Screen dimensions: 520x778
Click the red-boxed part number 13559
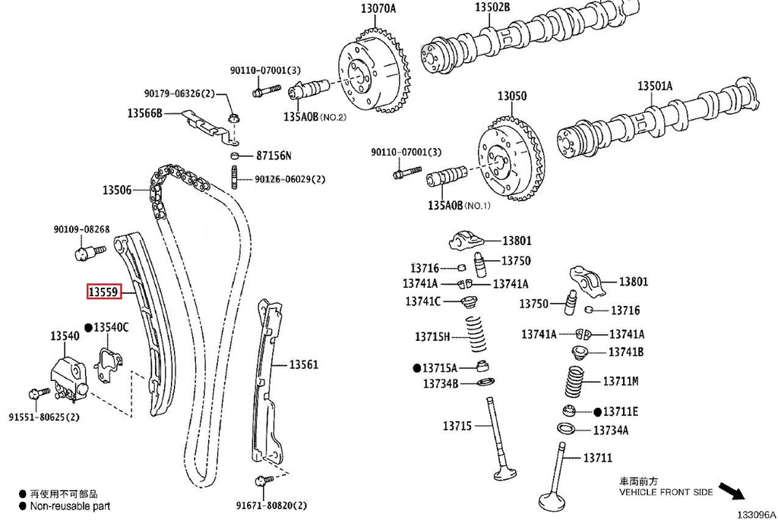103,291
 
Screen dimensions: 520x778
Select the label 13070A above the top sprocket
378,9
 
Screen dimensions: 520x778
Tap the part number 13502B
492,7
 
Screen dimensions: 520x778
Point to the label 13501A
654,86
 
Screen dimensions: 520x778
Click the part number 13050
511,97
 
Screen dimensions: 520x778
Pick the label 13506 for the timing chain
118,190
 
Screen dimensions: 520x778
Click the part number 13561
303,365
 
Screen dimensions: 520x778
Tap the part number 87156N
274,156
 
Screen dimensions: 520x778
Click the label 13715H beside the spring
432,336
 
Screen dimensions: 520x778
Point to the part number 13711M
620,380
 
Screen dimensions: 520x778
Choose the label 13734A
610,430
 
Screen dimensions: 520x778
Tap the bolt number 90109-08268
81,229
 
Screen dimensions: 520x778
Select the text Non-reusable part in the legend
70,505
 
